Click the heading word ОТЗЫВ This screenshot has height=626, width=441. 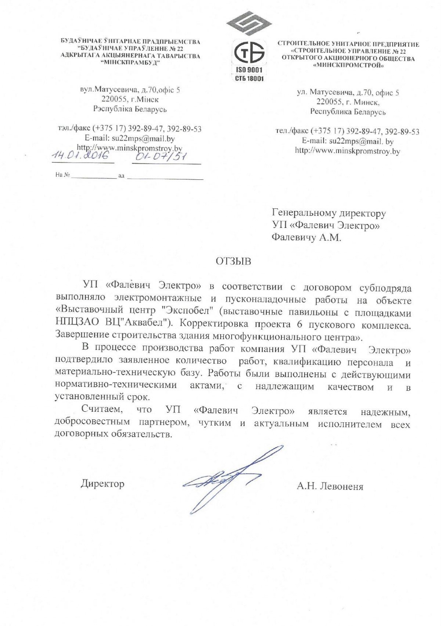tap(233, 261)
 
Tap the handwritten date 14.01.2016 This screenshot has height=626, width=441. tap(81, 155)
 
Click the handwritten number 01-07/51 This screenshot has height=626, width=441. tap(161, 157)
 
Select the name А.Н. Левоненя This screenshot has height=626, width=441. tap(330, 486)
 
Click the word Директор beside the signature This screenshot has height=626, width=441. tap(103, 484)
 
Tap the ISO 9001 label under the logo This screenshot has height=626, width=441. tap(249, 70)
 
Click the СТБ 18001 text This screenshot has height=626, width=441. tap(249, 78)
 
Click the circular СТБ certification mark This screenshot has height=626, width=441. tap(249, 53)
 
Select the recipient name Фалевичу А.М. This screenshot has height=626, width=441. tap(306, 237)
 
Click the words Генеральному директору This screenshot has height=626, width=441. tap(329, 213)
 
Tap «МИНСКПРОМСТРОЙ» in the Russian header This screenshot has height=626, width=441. tap(348, 66)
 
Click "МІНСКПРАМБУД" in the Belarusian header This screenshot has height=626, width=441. tap(130, 63)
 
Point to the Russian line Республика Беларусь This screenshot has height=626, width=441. tap(348, 112)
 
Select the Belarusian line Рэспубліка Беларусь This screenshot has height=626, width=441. tap(130, 109)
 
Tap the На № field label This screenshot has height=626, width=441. tap(62, 175)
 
